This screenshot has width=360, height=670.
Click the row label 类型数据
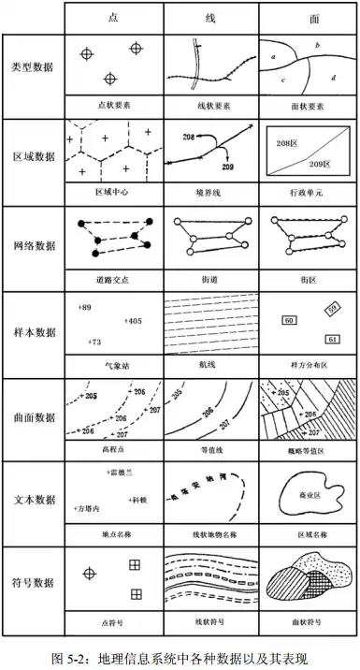(33, 71)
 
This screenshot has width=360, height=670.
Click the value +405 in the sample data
(132, 321)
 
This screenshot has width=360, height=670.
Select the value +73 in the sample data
(93, 342)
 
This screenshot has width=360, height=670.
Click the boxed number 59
(332, 307)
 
